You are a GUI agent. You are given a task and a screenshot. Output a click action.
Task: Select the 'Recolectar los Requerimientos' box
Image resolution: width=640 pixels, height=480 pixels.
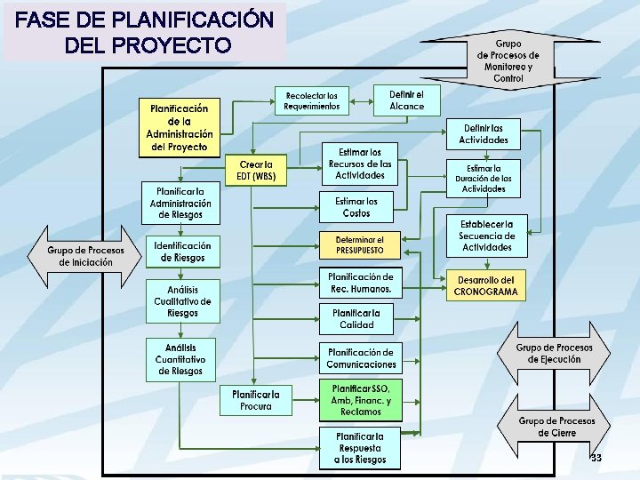[x=312, y=101]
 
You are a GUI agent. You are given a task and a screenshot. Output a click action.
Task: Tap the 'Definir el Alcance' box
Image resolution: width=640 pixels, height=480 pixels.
[x=407, y=100]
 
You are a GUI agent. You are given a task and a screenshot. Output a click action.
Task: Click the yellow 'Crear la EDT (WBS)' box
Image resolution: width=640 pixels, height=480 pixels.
[x=256, y=170]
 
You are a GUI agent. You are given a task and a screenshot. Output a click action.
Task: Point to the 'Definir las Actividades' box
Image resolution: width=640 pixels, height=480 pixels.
[x=484, y=133]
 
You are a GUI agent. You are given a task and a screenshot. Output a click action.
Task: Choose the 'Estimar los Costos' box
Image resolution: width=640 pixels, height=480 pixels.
[x=356, y=207]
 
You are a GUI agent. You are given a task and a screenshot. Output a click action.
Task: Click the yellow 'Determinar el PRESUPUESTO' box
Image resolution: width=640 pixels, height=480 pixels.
[x=359, y=245]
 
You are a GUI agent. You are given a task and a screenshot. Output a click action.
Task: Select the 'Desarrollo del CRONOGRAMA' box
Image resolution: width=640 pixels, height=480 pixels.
[x=484, y=285]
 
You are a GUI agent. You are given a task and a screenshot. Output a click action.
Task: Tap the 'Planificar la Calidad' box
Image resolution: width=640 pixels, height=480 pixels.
[x=356, y=318]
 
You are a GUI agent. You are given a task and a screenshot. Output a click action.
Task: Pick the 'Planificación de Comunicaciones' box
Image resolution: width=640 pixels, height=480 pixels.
[x=360, y=358]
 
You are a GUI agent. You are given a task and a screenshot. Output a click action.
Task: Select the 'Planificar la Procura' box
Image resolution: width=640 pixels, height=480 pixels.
[x=256, y=400]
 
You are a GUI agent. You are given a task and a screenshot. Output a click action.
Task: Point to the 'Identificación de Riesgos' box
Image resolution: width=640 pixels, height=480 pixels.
[x=182, y=252]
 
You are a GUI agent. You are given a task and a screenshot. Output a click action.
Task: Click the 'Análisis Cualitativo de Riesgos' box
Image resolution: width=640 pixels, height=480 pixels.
[x=182, y=301]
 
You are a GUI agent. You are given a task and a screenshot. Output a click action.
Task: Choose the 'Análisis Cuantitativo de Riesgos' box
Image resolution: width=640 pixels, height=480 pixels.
[x=182, y=358]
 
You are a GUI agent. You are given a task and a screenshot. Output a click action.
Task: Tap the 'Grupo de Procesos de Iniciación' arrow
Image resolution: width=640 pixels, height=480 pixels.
[x=85, y=257]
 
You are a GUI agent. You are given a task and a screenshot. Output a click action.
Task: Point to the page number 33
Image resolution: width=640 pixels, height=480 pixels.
[x=596, y=458]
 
